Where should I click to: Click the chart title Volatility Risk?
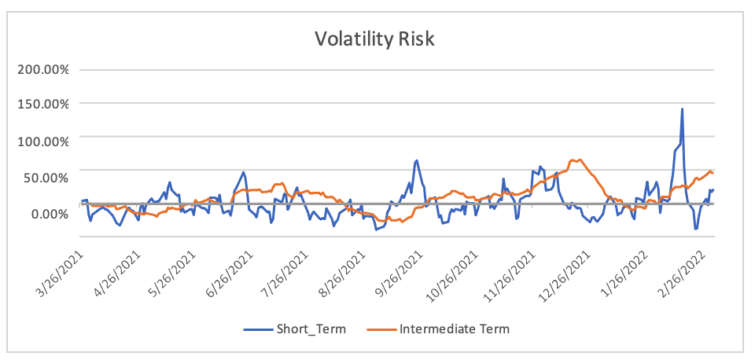(x=374, y=39)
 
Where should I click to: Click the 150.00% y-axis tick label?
(x=43, y=105)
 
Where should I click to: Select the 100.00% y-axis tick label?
(x=43, y=141)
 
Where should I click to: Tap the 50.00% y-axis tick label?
(x=46, y=177)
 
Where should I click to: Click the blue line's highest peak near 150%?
(x=682, y=109)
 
